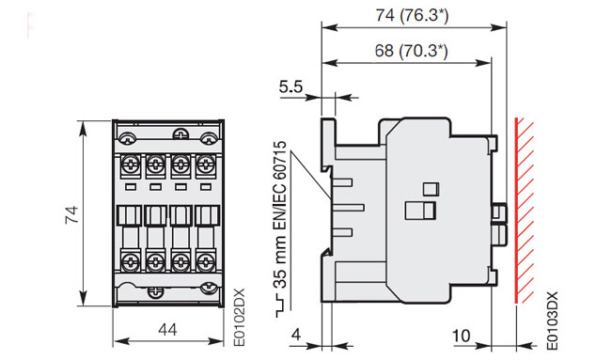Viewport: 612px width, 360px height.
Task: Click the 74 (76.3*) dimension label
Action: click(412, 15)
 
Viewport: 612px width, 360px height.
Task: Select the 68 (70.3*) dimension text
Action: click(412, 51)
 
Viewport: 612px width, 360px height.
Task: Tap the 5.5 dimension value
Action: click(290, 86)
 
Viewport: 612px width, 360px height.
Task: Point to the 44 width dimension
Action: click(168, 330)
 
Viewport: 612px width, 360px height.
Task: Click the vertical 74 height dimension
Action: click(72, 214)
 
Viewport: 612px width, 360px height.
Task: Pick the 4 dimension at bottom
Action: click(297, 335)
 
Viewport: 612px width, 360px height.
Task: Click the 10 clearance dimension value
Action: click(461, 336)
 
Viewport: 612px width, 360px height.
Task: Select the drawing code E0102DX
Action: click(239, 317)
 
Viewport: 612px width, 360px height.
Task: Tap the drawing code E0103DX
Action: click(552, 321)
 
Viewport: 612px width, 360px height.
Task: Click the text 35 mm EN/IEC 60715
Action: click(280, 214)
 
